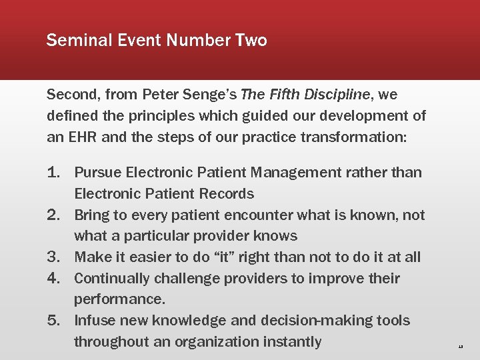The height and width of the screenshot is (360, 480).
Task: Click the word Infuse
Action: click(94, 321)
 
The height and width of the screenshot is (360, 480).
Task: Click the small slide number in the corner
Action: click(460, 347)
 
